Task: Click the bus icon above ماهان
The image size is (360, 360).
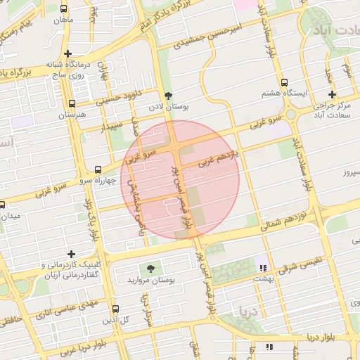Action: tap(65, 10)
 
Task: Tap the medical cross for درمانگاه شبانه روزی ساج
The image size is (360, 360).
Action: tap(67, 53)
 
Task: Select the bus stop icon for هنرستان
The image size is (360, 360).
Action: tap(72, 103)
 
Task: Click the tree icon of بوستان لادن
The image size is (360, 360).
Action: tap(167, 95)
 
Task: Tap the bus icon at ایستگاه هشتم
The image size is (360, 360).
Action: tap(283, 82)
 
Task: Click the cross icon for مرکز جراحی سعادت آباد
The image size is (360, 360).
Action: tap(332, 95)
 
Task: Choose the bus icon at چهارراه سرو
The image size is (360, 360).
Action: tap(98, 169)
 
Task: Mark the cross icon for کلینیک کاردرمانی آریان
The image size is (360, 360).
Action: tap(71, 254)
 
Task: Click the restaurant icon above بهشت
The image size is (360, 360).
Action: tap(264, 268)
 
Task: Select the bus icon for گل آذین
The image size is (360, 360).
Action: tap(116, 309)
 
